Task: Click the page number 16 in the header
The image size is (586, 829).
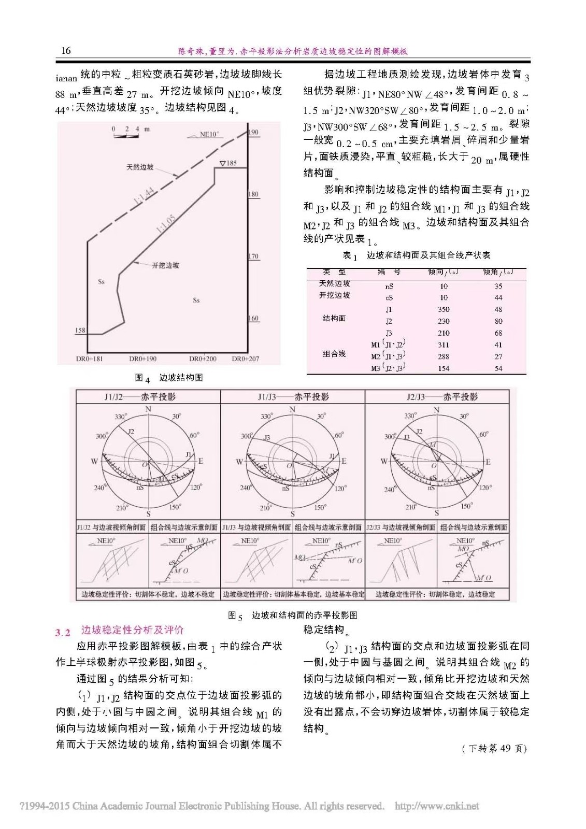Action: [x=65, y=50]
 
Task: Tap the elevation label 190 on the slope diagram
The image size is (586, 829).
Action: [x=253, y=133]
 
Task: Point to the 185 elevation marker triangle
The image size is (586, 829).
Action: [x=222, y=164]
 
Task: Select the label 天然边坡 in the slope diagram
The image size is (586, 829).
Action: [x=140, y=167]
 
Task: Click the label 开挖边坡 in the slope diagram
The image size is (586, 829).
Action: [x=166, y=265]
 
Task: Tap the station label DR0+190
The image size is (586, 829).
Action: [x=142, y=359]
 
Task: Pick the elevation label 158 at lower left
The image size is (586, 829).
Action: [x=80, y=330]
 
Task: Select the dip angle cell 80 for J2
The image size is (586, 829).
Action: [x=498, y=321]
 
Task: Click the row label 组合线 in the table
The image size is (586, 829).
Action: [x=334, y=354]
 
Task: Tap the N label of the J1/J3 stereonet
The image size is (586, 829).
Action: [x=292, y=410]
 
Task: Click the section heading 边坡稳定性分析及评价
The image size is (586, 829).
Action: [x=132, y=630]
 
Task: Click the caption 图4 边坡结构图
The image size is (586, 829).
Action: [x=169, y=378]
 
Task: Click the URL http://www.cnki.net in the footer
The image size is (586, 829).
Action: [x=437, y=806]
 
